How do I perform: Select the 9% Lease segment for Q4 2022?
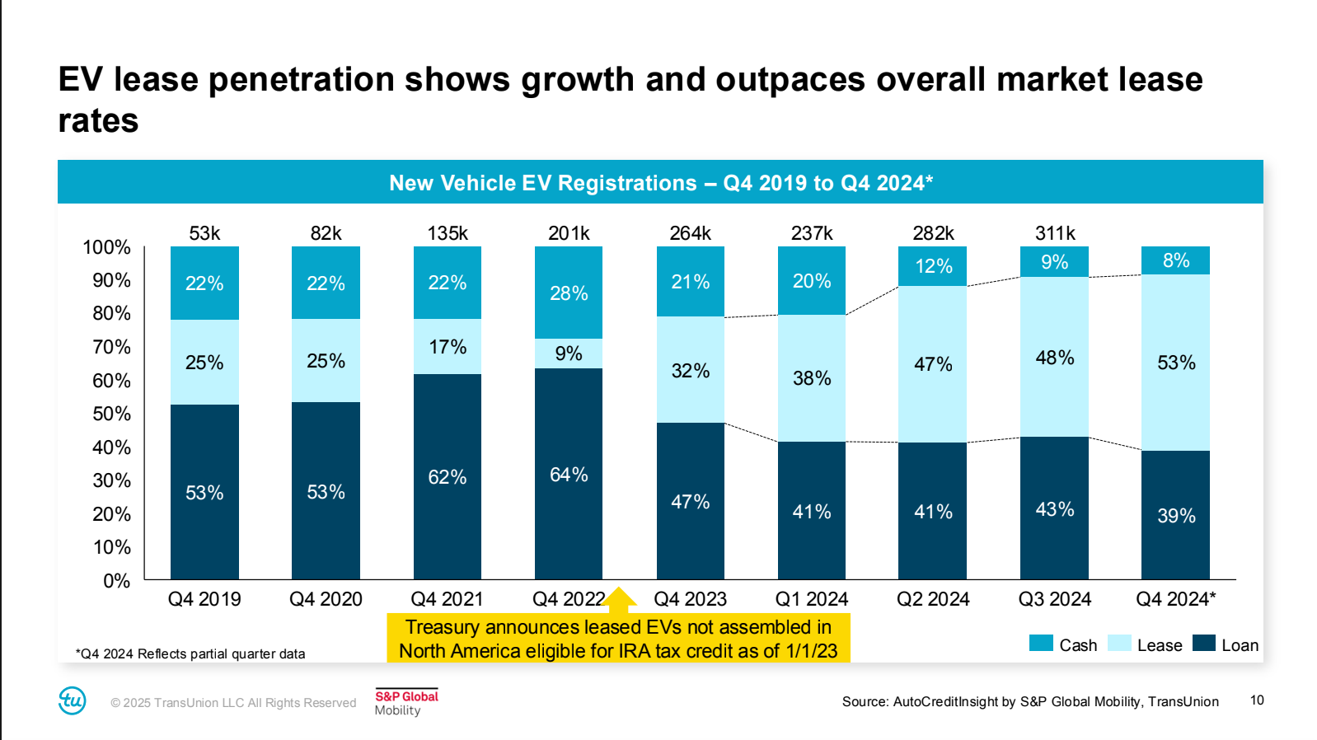(x=569, y=354)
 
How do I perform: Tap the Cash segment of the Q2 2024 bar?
(x=933, y=266)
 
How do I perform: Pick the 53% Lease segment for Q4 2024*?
(x=1175, y=363)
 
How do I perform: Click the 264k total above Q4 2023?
(x=690, y=233)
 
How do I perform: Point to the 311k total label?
(x=1055, y=233)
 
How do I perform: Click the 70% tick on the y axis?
(x=112, y=347)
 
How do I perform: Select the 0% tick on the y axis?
(x=117, y=581)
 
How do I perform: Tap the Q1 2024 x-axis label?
(x=812, y=599)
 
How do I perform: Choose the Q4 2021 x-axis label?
(x=447, y=599)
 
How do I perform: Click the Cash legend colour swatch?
(x=1041, y=644)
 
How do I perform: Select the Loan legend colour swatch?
(x=1204, y=644)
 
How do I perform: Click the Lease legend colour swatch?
(x=1119, y=644)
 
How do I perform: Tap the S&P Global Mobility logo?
(x=406, y=702)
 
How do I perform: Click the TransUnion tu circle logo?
(x=73, y=700)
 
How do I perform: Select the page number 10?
(x=1257, y=700)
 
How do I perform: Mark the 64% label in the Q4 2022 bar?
(x=569, y=475)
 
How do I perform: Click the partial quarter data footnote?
(x=190, y=653)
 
